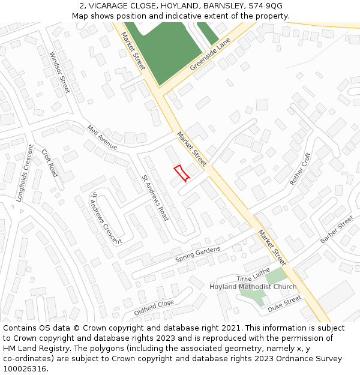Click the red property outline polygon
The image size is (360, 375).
tap(182, 173)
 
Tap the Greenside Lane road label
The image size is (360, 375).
tap(210, 55)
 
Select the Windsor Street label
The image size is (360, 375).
tap(60, 72)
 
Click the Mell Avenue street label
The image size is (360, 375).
tap(102, 137)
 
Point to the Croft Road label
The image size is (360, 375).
tap(50, 162)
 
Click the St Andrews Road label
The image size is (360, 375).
tap(155, 197)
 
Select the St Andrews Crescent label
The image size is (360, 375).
tap(105, 218)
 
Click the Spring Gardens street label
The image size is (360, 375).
tap(198, 254)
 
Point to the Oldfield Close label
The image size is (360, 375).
tap(154, 308)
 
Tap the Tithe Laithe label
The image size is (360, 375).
tap(253, 275)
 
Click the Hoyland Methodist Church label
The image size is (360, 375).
tap(253, 287)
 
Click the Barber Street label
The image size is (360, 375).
tap(337, 230)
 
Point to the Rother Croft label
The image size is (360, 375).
tap(301, 169)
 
